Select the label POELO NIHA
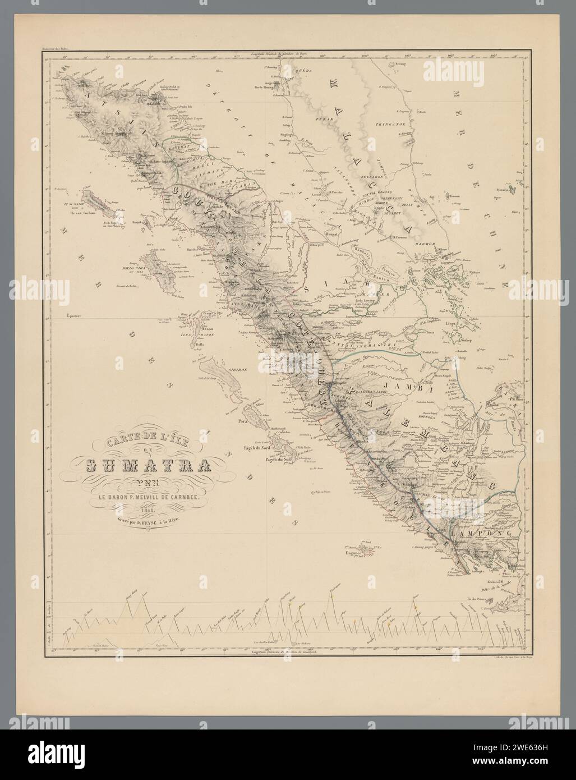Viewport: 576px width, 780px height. click(130, 268)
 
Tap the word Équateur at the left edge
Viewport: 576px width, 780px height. click(72, 315)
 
